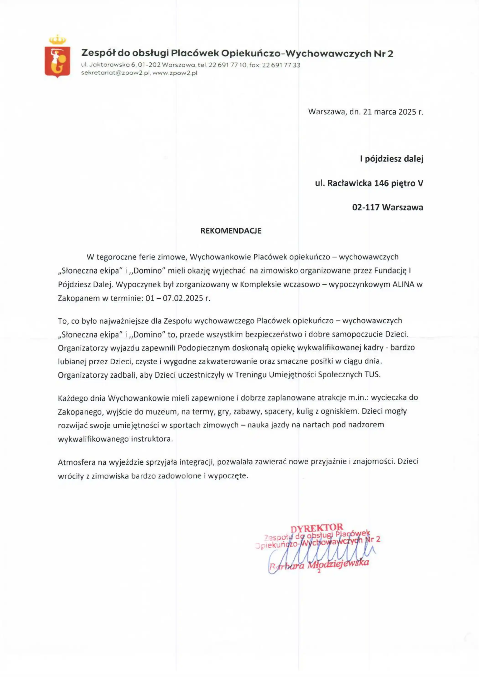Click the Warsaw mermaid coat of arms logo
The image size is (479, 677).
(x=57, y=61)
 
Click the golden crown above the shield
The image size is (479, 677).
(x=57, y=39)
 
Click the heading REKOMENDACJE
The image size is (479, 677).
(x=231, y=231)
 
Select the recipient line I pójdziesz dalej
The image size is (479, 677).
(x=391, y=159)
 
